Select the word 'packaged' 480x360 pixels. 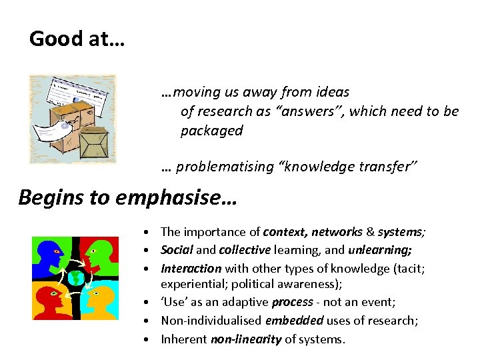tap(211, 131)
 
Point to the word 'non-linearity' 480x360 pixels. tap(246, 339)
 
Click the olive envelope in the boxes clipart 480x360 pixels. tap(93, 141)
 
